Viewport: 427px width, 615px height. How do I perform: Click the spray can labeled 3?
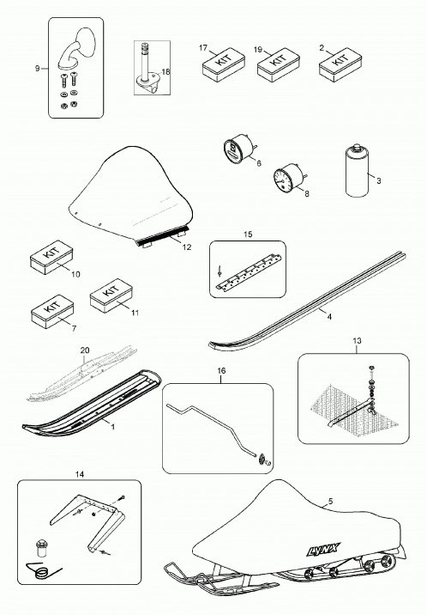point(357,171)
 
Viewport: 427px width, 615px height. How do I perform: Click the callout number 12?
point(187,247)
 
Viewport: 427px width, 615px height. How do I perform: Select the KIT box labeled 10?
point(51,258)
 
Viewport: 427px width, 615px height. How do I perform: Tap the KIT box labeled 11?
point(111,295)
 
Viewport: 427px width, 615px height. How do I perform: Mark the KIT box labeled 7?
point(52,312)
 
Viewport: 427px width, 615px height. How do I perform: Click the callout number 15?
point(248,234)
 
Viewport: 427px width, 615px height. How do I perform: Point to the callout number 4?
point(329,317)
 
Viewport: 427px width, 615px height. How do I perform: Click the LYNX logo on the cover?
point(323,549)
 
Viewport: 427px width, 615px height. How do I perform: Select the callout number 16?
point(221,371)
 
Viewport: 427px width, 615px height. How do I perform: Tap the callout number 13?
point(357,341)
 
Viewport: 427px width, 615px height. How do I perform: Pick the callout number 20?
point(85,350)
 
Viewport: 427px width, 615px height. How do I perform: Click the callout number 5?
point(330,501)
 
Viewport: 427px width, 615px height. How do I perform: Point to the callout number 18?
point(166,72)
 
